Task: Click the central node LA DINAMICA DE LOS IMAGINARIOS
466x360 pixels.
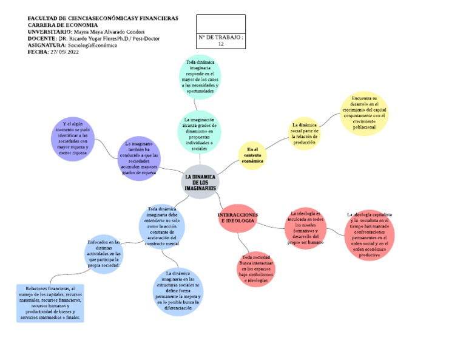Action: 200,182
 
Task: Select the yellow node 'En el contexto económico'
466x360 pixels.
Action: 252,155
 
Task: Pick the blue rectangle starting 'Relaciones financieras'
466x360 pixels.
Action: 50,302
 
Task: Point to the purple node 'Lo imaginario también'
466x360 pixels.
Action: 139,158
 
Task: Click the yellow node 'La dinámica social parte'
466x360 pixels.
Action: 304,134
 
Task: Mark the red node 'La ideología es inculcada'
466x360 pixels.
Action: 306,228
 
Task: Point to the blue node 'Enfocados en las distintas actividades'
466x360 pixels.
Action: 104,254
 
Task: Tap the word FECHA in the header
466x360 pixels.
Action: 38,52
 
